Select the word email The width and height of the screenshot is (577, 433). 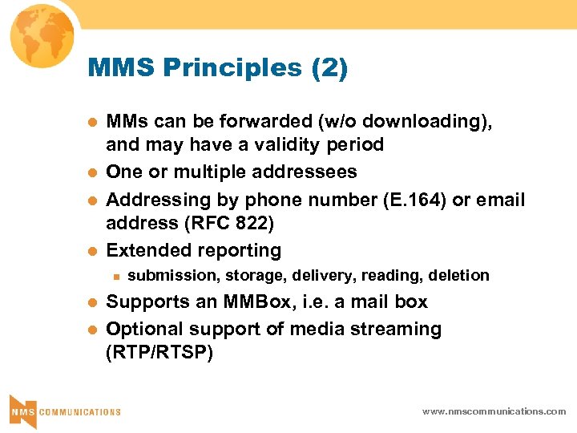(501, 200)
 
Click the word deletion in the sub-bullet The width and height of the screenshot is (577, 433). (458, 276)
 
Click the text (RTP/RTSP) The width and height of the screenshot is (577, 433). (159, 353)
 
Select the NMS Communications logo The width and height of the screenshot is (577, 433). (65, 410)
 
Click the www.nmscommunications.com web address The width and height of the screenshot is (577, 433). (494, 411)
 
